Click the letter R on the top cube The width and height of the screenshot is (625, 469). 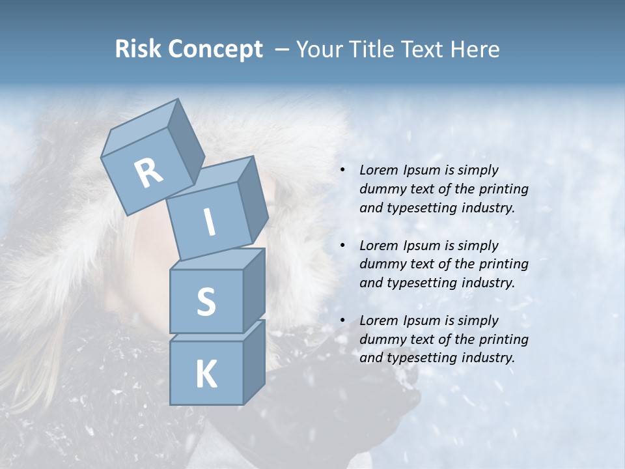[149, 173]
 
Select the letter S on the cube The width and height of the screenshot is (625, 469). [206, 302]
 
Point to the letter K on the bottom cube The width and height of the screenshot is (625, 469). [206, 375]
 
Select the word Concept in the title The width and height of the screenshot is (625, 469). [214, 50]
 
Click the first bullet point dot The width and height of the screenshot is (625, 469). [342, 171]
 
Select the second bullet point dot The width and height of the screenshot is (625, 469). [342, 246]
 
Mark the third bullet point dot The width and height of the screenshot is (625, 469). [342, 321]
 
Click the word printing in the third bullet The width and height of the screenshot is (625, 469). [503, 339]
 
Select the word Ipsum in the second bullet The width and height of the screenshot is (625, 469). [422, 246]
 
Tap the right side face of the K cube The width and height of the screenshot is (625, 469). [254, 362]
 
